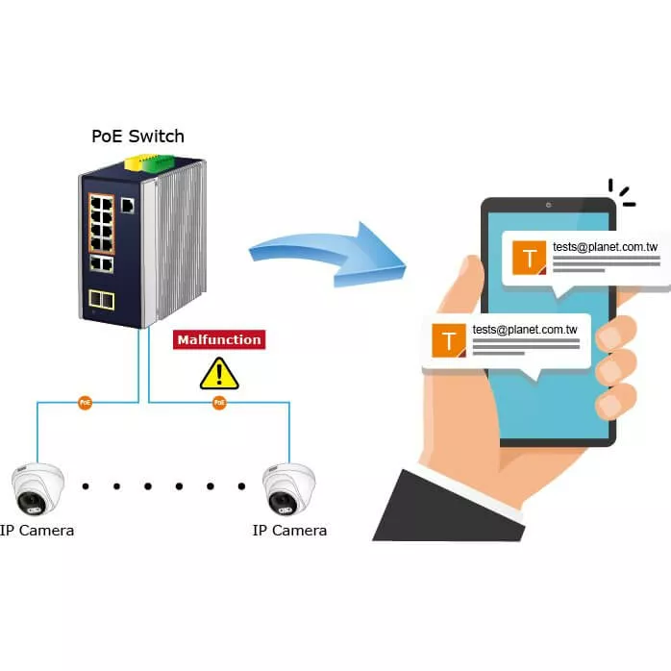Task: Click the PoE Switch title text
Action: (x=137, y=136)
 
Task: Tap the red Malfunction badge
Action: (x=218, y=339)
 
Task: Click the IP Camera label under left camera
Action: (x=37, y=530)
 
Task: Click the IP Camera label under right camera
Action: (x=289, y=530)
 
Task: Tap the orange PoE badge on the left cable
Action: (x=86, y=403)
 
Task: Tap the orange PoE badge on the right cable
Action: (x=219, y=403)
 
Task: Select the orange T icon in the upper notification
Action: (x=530, y=258)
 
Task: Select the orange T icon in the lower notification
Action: (x=449, y=339)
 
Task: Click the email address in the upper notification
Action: (x=605, y=247)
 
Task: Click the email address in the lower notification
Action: (x=525, y=329)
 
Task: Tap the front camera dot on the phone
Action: (x=548, y=205)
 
